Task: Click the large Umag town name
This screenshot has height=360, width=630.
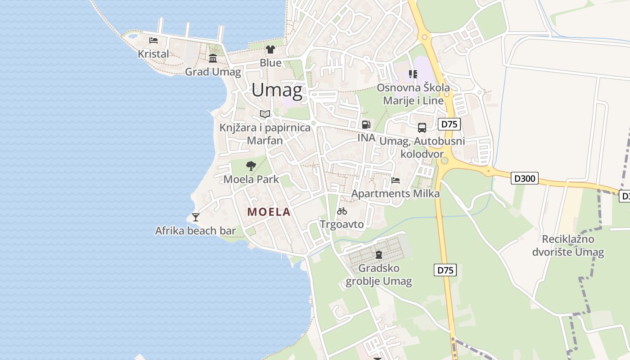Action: (277, 90)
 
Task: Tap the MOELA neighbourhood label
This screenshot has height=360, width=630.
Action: (269, 212)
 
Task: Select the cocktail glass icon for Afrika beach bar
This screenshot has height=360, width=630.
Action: (196, 217)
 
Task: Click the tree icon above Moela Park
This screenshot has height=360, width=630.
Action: (251, 166)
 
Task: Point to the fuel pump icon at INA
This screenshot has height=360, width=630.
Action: (366, 125)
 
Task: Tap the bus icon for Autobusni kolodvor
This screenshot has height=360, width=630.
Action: (422, 128)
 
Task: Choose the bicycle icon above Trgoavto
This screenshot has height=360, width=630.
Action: (342, 211)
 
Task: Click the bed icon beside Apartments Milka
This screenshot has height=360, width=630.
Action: (396, 180)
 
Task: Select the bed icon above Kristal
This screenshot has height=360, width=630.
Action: (153, 40)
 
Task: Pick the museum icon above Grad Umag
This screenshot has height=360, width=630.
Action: (213, 58)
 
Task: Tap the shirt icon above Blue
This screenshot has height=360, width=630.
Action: (270, 49)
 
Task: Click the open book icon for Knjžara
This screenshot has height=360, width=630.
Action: (265, 114)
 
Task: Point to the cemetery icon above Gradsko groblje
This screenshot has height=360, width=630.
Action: (378, 255)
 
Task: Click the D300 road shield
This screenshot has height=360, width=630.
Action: (525, 179)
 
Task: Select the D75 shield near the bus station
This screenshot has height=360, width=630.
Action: (449, 124)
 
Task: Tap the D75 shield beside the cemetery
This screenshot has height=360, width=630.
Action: (445, 270)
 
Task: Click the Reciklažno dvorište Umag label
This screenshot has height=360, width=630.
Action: (568, 245)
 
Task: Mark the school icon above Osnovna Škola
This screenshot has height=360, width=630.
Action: (413, 74)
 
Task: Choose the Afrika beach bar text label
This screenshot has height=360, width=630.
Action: (195, 231)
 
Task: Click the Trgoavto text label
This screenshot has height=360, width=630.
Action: (342, 224)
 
